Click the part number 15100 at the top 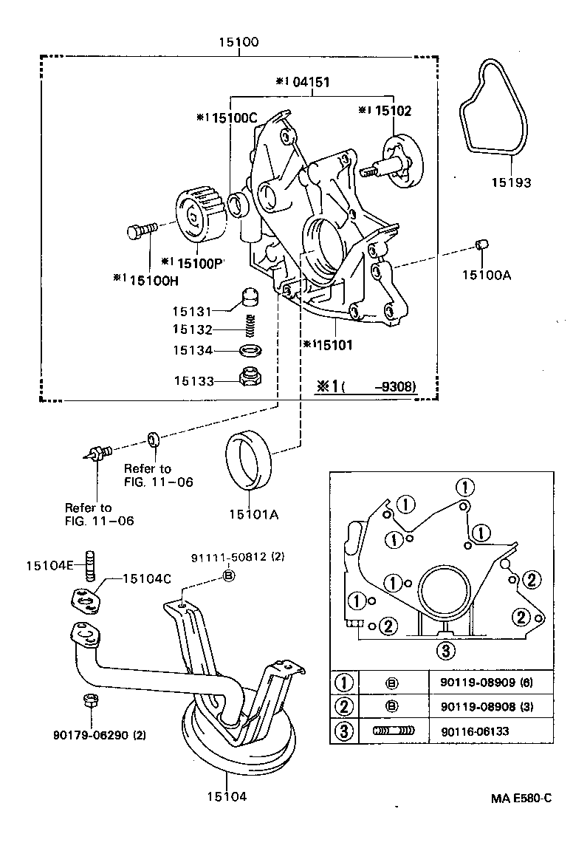(x=239, y=43)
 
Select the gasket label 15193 (x=512, y=182)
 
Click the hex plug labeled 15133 (x=251, y=378)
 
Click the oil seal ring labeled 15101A (x=248, y=462)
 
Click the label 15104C (x=146, y=580)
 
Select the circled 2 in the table (x=344, y=706)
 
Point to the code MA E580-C (x=521, y=799)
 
